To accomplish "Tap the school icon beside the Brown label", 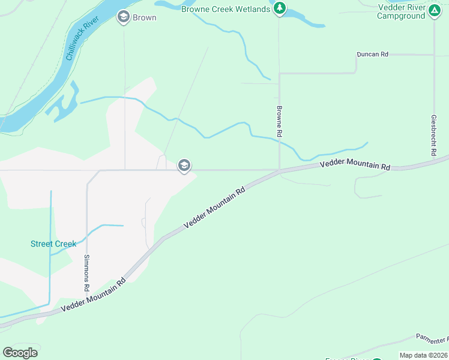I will click(124, 17).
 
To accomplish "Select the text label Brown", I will click(145, 17).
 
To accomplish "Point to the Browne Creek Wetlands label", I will click(226, 9).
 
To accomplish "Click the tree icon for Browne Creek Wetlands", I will click(279, 8).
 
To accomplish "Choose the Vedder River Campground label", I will click(401, 11).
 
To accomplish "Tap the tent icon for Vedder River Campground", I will click(434, 11).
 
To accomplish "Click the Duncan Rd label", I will click(372, 54).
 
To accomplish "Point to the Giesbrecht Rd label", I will click(433, 136).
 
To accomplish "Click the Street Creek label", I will click(53, 244).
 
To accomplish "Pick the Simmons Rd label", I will click(87, 273).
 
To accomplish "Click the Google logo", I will click(20, 353).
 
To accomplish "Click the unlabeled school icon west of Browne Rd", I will click(184, 166).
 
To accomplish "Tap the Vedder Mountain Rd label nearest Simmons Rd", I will click(93, 295).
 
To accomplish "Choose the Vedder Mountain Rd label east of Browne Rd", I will click(355, 164).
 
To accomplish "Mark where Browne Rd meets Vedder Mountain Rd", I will click(279, 171).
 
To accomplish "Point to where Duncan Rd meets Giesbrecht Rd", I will click(433, 55).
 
